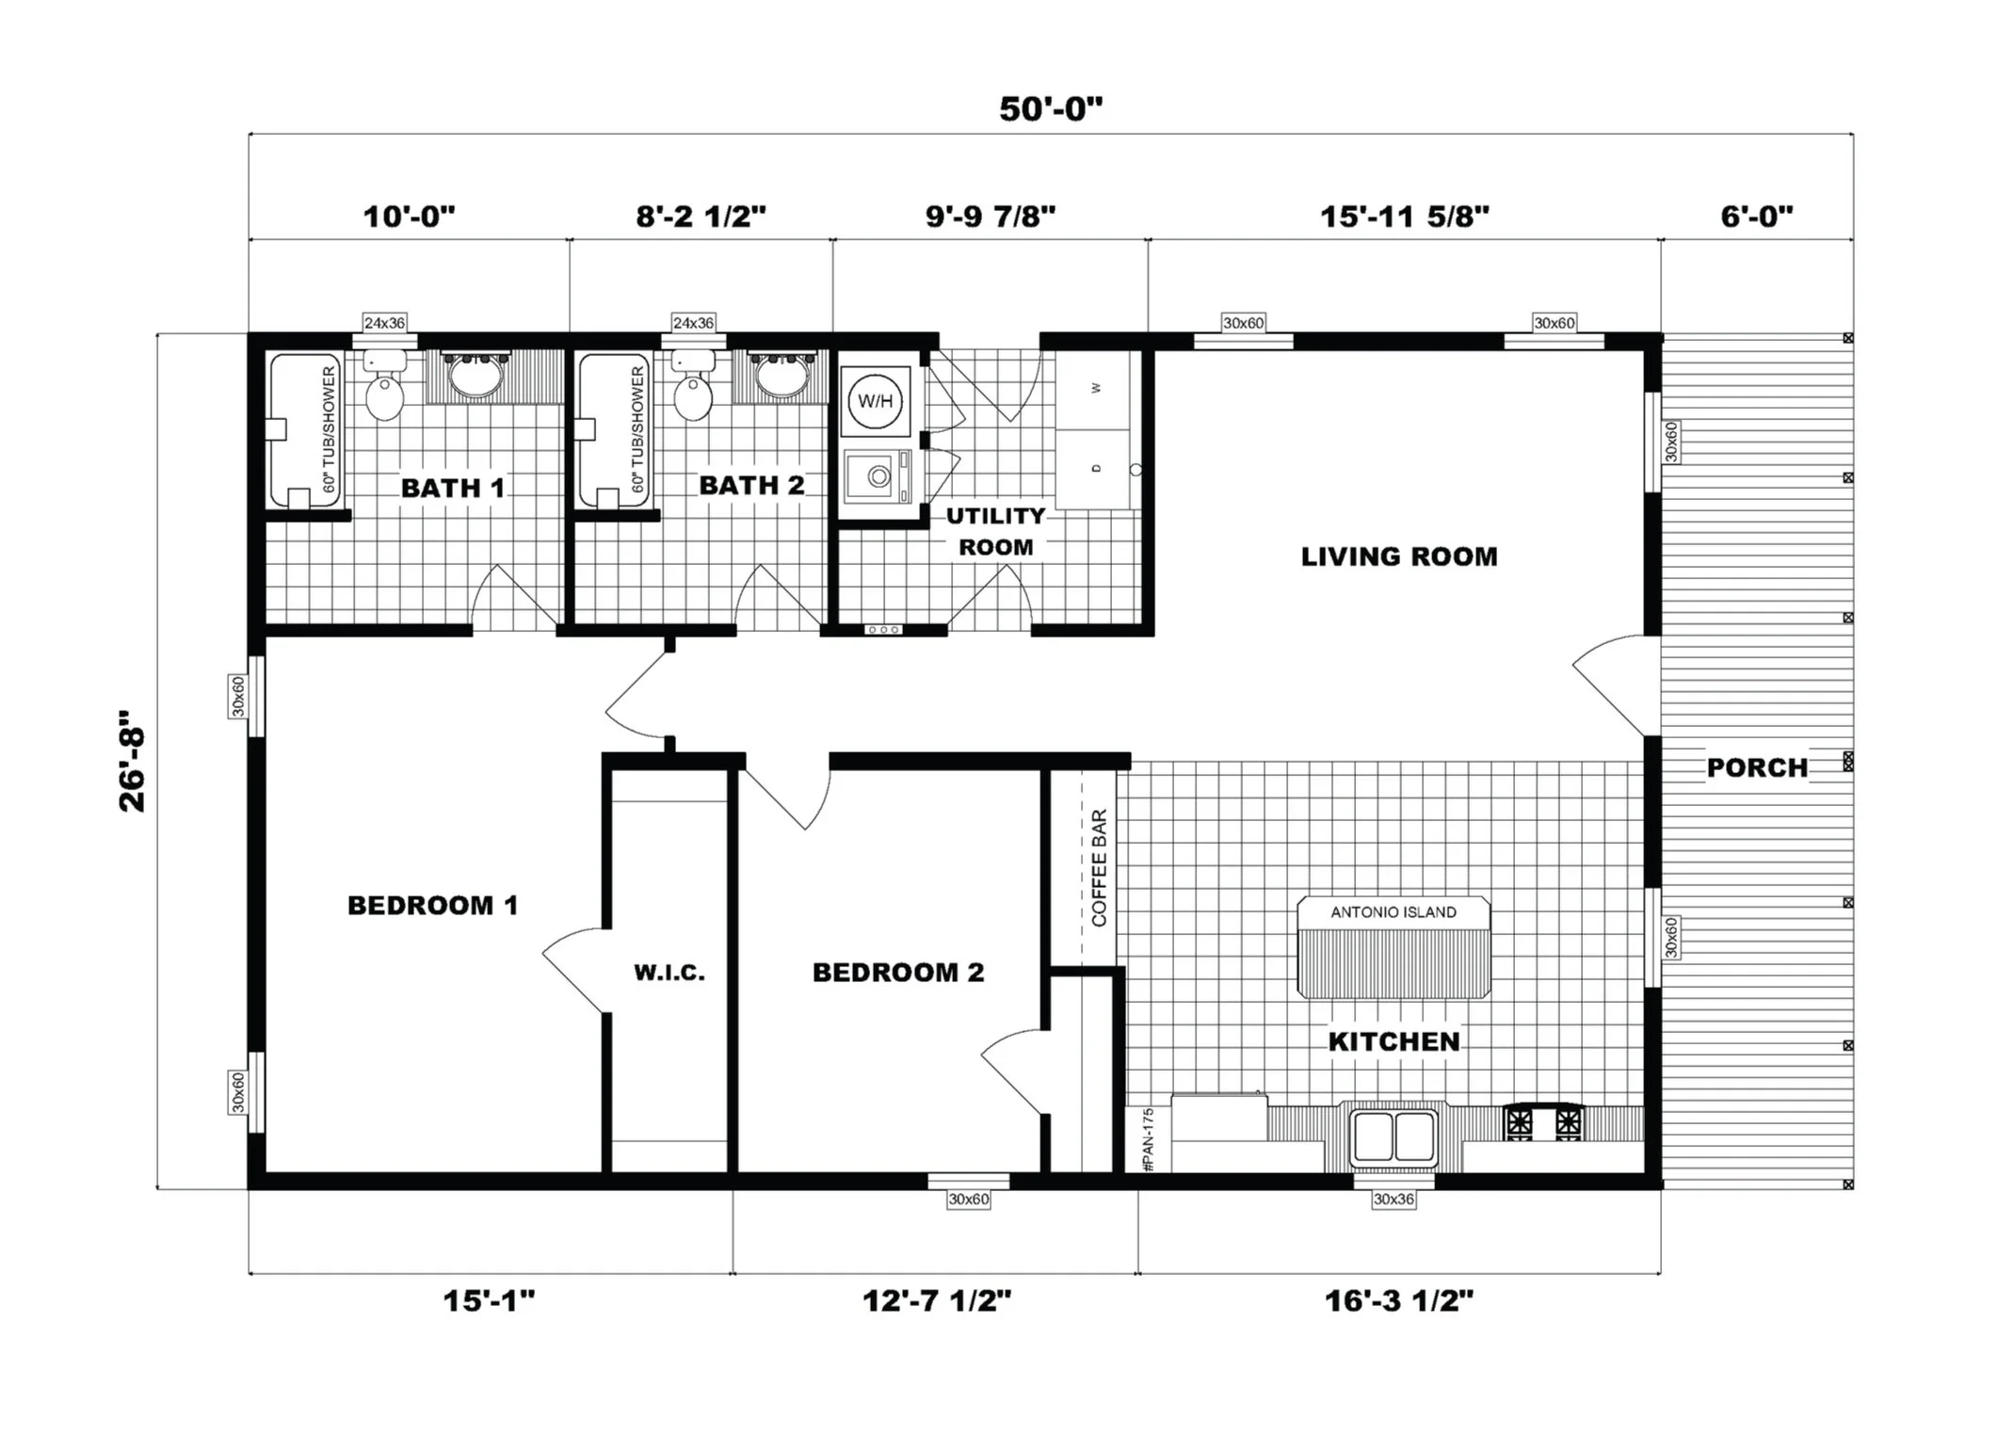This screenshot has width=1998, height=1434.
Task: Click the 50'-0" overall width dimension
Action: [x=1050, y=109]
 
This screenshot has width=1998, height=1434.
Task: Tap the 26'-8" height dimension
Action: [x=133, y=761]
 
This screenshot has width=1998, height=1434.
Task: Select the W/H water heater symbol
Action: [x=875, y=402]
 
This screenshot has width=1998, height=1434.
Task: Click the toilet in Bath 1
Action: [x=384, y=393]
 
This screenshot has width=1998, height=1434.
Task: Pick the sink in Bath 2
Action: [x=781, y=379]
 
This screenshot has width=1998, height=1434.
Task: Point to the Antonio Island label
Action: [x=1393, y=912]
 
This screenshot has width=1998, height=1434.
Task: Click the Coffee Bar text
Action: [x=1099, y=867]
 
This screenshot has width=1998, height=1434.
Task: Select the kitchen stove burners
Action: [x=1543, y=1122]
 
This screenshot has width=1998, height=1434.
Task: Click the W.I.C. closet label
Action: [x=669, y=974]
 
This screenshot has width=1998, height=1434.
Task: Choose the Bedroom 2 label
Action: [x=897, y=973]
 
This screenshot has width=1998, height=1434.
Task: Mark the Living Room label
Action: [x=1398, y=556]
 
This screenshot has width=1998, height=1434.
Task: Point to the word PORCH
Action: [x=1756, y=767]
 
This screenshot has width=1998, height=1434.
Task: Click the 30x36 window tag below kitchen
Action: [x=1394, y=1200]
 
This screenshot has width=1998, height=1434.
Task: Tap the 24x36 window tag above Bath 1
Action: [x=384, y=323]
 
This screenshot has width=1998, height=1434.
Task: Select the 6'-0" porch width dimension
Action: [x=1756, y=217]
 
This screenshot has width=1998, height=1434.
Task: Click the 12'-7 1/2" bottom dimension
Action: [x=936, y=1301]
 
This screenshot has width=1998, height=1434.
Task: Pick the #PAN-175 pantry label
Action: [x=1148, y=1139]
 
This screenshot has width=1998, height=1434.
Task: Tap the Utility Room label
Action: [x=995, y=531]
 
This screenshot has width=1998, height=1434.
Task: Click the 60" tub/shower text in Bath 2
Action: [x=637, y=429]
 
